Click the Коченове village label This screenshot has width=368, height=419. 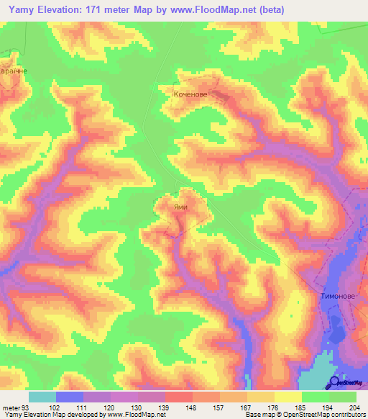coord(190,94)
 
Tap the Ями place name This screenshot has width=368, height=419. coord(182,206)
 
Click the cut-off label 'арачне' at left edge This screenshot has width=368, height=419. coord(12,71)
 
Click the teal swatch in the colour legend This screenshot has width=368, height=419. coord(42,397)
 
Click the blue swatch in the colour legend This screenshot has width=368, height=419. coord(70,397)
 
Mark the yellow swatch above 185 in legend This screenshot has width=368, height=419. coord(288,397)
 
